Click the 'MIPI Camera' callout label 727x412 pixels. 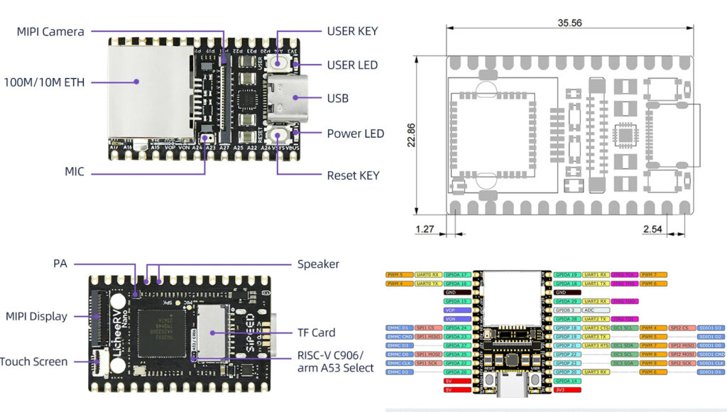tap(50, 31)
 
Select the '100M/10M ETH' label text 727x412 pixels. tap(43, 82)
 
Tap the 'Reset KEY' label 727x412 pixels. tap(353, 175)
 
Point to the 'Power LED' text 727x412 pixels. tap(355, 134)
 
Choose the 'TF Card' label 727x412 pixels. tap(317, 332)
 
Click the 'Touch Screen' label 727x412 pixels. tap(33, 362)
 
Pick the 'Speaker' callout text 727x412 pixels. tap(317, 264)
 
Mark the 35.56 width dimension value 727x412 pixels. tap(569, 23)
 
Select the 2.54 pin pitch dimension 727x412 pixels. tap(652, 229)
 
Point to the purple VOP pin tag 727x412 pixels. tap(457, 310)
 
